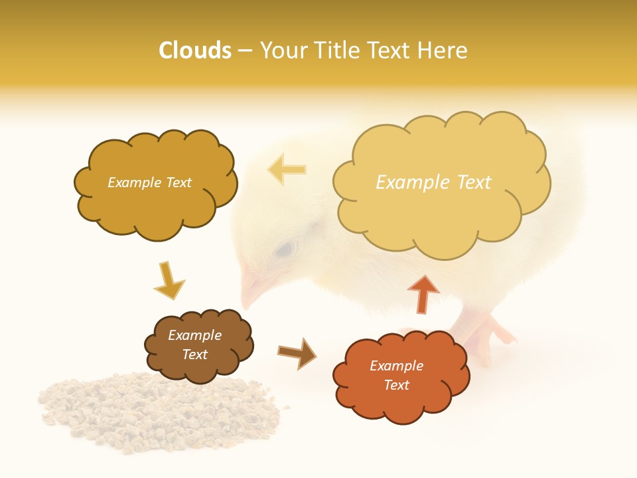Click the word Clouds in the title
tap(195, 50)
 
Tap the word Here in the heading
tap(443, 50)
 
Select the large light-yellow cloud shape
tap(441, 183)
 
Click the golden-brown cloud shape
tap(155, 185)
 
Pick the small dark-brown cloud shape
tap(198, 345)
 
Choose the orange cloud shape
tap(401, 376)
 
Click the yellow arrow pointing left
tap(287, 169)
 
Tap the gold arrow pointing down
tap(169, 280)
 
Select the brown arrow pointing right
tap(296, 353)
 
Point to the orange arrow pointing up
tap(423, 293)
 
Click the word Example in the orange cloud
tap(396, 366)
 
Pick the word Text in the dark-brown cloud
tap(194, 355)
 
